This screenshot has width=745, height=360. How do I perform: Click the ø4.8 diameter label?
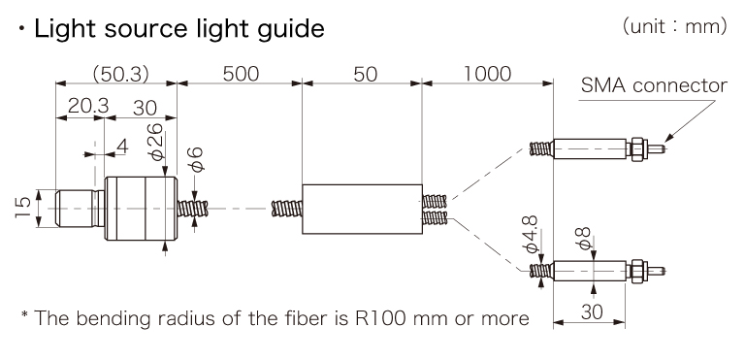pos(532,236)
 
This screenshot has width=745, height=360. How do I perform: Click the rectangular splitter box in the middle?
pos(362,209)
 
